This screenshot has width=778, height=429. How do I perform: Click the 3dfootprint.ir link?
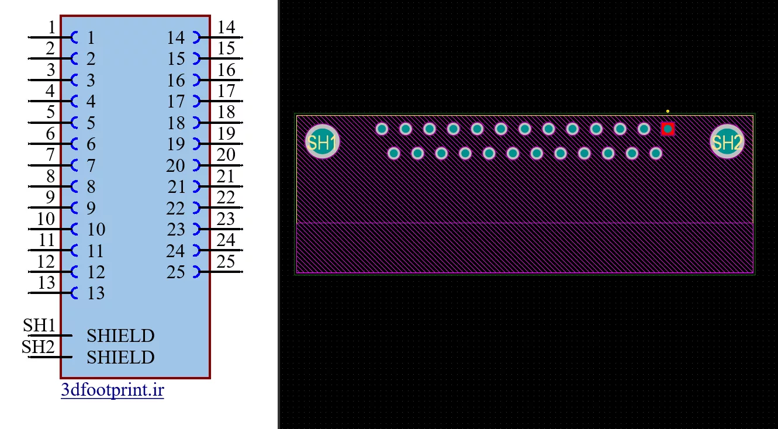112,390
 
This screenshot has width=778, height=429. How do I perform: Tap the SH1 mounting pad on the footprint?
322,141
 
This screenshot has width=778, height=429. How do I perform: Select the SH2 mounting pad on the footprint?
727,141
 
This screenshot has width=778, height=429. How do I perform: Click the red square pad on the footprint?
668,129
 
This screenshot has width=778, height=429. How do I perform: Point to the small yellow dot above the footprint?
668,111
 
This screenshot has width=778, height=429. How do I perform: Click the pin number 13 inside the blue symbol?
95,293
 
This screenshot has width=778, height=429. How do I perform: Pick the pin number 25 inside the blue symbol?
175,272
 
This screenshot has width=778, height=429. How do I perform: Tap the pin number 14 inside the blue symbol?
175,38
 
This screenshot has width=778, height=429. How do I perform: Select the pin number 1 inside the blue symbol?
91,38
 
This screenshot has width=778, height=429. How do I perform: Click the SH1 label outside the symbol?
39,326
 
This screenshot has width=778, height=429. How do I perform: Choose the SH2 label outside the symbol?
38,347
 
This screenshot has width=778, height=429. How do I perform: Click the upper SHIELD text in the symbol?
120,336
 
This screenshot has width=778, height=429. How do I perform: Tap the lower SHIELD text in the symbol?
120,358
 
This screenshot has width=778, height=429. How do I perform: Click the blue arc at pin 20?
199,165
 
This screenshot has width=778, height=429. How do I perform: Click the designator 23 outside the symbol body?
226,219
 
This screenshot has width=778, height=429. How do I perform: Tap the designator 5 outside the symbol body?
51,112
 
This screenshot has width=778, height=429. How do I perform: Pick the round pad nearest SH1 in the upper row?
382,129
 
